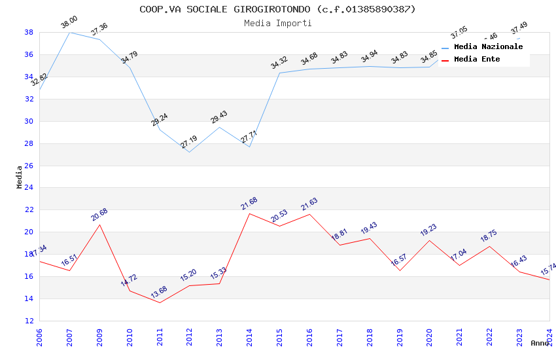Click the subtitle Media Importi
277,23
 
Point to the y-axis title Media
19,177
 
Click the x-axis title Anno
540,343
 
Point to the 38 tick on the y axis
29,32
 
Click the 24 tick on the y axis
29,188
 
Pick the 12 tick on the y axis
29,321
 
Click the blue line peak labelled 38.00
70,32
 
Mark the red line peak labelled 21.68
249,213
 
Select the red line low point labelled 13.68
160,302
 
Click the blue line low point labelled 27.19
189,152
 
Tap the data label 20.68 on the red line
99,214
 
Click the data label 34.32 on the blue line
279,62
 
